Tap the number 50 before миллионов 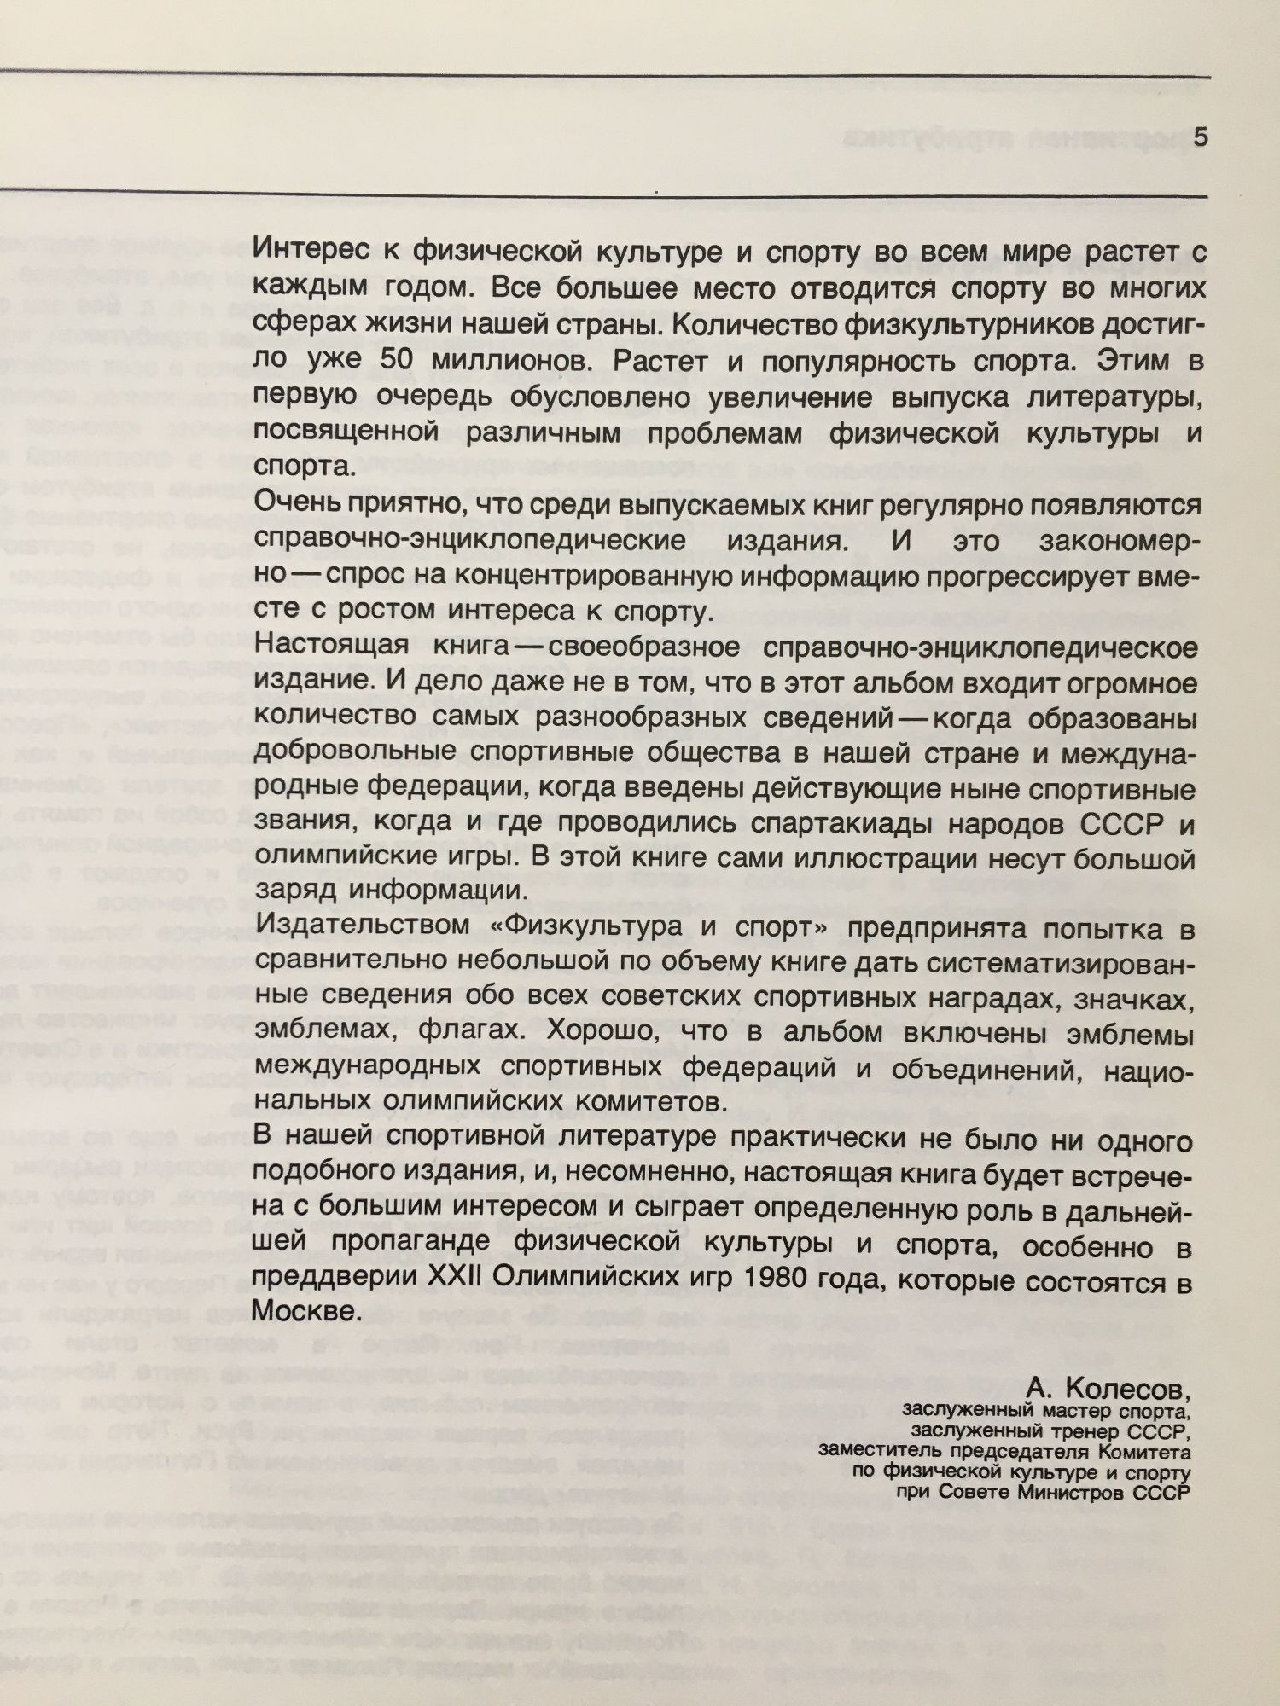pos(396,361)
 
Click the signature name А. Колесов pos(1109,1390)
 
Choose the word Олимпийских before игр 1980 pos(585,1282)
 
